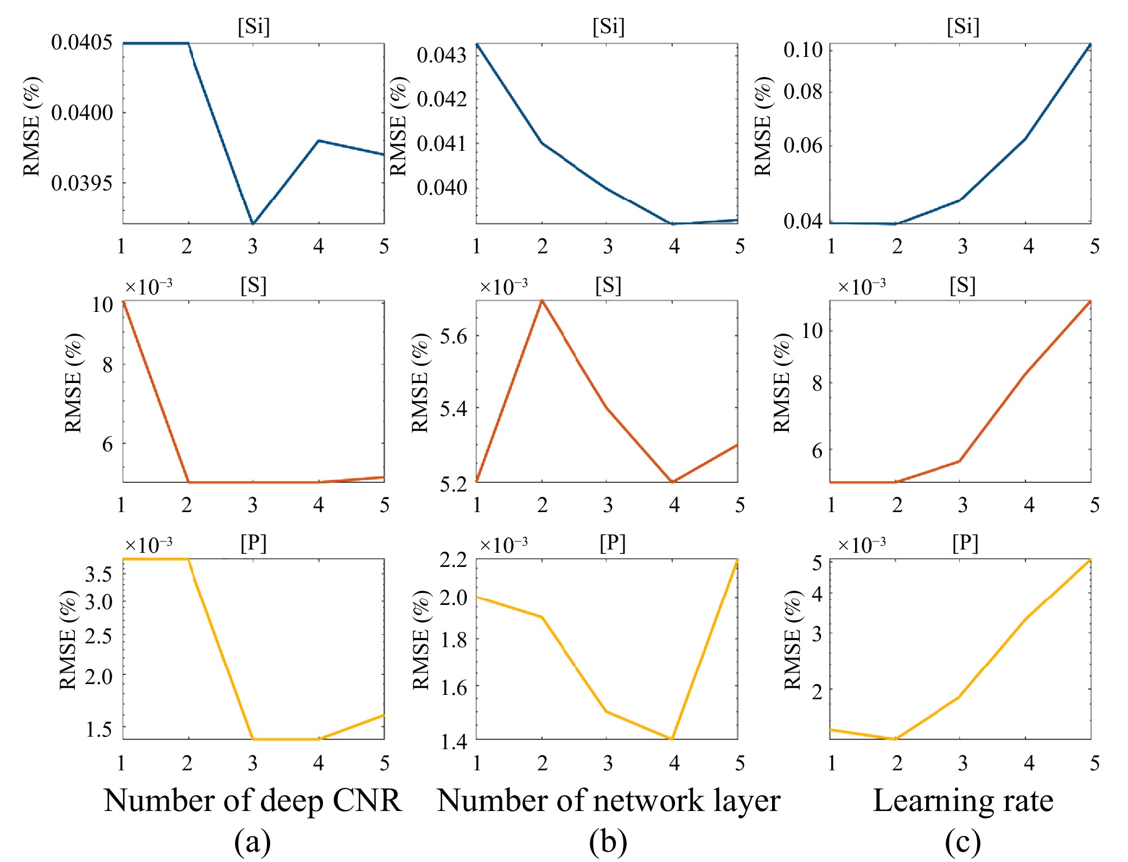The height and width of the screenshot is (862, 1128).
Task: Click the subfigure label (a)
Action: [252, 842]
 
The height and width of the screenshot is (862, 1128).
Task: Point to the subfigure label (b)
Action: [608, 842]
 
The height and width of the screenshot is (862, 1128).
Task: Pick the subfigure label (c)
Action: [963, 842]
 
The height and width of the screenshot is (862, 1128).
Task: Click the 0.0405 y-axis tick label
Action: [82, 42]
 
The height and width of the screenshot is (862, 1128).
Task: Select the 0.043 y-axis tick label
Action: [442, 55]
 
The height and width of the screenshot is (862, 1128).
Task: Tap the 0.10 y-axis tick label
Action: [803, 49]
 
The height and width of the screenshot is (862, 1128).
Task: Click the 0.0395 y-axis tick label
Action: [82, 183]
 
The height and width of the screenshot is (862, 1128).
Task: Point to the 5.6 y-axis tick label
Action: [453, 336]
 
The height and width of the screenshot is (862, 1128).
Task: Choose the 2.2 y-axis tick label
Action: [453, 559]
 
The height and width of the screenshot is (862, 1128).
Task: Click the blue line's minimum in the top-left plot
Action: [253, 223]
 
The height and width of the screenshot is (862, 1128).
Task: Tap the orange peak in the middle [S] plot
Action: [542, 301]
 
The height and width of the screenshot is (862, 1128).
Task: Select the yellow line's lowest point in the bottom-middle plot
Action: [673, 738]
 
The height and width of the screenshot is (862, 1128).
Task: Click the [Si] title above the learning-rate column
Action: [963, 27]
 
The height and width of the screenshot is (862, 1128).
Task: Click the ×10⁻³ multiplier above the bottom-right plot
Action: [862, 544]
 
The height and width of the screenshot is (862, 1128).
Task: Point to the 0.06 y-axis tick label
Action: [803, 145]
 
